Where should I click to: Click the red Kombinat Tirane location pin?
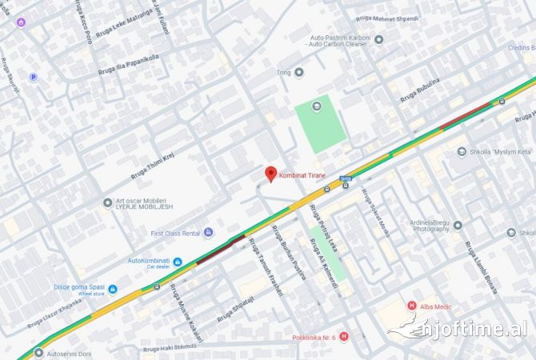(270, 173)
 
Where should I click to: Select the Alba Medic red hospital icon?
(411, 305)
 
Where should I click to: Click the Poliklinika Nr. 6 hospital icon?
(344, 337)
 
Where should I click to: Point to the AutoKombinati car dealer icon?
(178, 261)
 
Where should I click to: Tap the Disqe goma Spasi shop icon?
(113, 289)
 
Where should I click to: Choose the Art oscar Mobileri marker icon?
(108, 202)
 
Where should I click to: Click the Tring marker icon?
(299, 73)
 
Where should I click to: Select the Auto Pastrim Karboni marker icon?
(378, 38)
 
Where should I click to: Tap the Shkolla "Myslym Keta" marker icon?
(462, 152)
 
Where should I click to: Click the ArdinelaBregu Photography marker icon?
(458, 225)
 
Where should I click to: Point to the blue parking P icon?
(33, 77)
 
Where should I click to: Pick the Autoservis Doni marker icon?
(40, 352)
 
